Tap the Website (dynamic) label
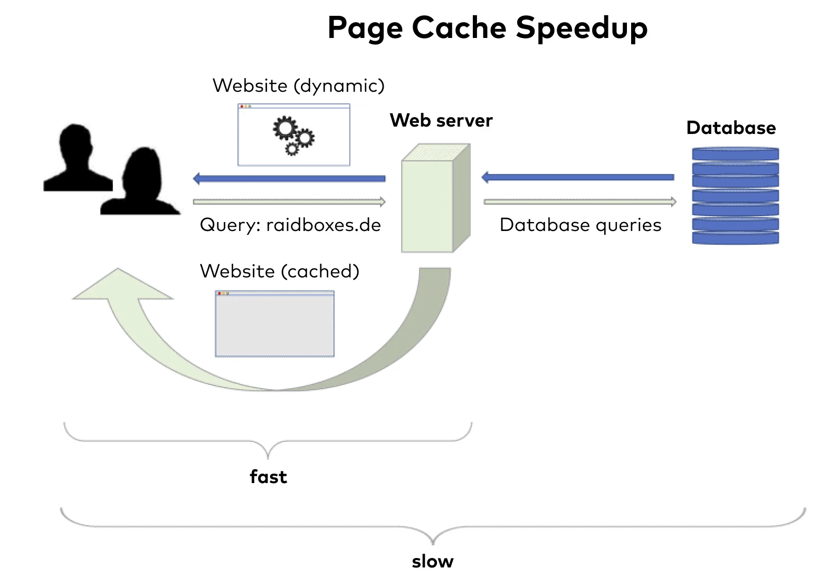pos(298,85)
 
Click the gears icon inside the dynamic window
pos(293,135)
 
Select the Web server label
pos(441,120)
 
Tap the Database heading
pos(731,128)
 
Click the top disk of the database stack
pos(735,154)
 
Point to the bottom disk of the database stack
pos(735,237)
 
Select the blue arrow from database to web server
pos(578,177)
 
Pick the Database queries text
pos(580,225)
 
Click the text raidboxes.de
pos(323,225)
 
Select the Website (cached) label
pos(279,271)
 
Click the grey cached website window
pos(274,324)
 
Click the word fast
pos(268,477)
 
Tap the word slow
pos(432,562)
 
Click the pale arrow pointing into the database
pos(579,201)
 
